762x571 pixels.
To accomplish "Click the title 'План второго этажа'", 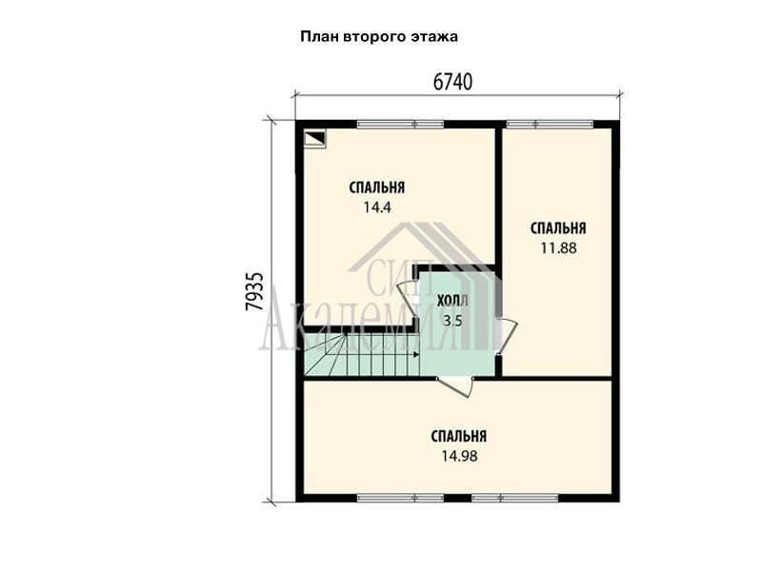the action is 379,37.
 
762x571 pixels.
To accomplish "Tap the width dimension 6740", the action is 452,83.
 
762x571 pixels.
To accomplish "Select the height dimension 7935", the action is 254,291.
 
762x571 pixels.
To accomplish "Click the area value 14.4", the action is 377,207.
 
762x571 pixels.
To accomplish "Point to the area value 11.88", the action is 558,248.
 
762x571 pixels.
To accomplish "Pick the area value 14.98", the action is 459,457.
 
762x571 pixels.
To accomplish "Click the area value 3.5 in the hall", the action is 451,321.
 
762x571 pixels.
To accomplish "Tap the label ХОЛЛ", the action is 452,301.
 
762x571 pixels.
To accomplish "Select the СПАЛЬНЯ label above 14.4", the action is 377,187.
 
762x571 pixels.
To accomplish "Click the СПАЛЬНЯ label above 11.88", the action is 558,228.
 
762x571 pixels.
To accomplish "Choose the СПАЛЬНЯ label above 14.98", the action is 459,436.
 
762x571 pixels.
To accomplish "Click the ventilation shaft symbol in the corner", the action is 315,139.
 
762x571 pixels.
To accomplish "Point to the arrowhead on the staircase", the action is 416,355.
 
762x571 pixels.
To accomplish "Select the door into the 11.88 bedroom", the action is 507,336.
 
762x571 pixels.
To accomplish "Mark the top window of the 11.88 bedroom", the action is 550,125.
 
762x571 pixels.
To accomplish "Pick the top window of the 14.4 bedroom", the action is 400,125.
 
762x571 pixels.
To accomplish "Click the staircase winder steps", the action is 325,354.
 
